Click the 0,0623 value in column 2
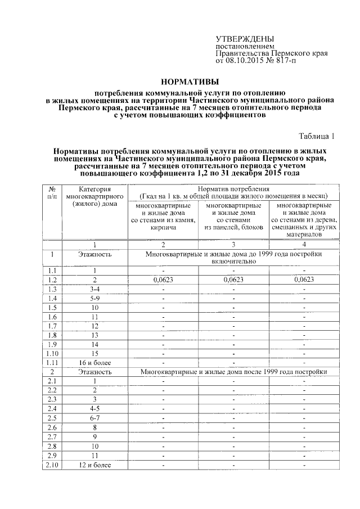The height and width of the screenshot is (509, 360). coord(163,280)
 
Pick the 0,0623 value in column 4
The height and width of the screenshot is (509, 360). coord(303,280)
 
